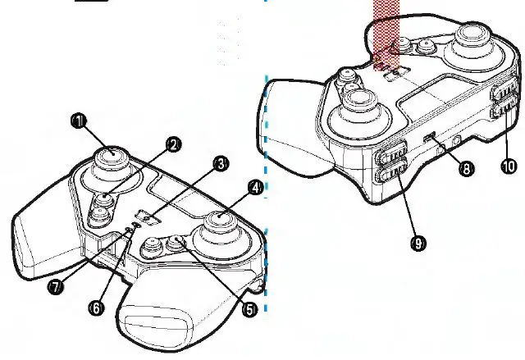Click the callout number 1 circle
pos(77,121)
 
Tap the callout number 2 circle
pos(173,144)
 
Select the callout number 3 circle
pos(221,164)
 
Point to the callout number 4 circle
pos(256,188)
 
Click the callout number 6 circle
pos(96,308)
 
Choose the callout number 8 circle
pos(466,169)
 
